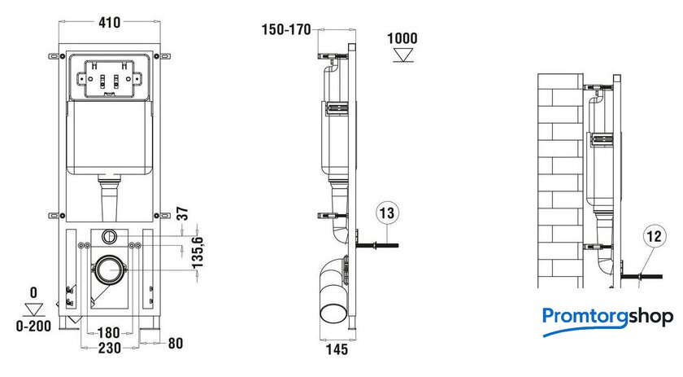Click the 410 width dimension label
(x=109, y=23)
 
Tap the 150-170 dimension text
(x=286, y=29)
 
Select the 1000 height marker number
(x=402, y=38)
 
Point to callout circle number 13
(x=387, y=213)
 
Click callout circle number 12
(x=655, y=236)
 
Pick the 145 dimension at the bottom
(x=337, y=349)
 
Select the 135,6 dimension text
(x=198, y=252)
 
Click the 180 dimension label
(x=108, y=333)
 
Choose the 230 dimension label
(x=109, y=349)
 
